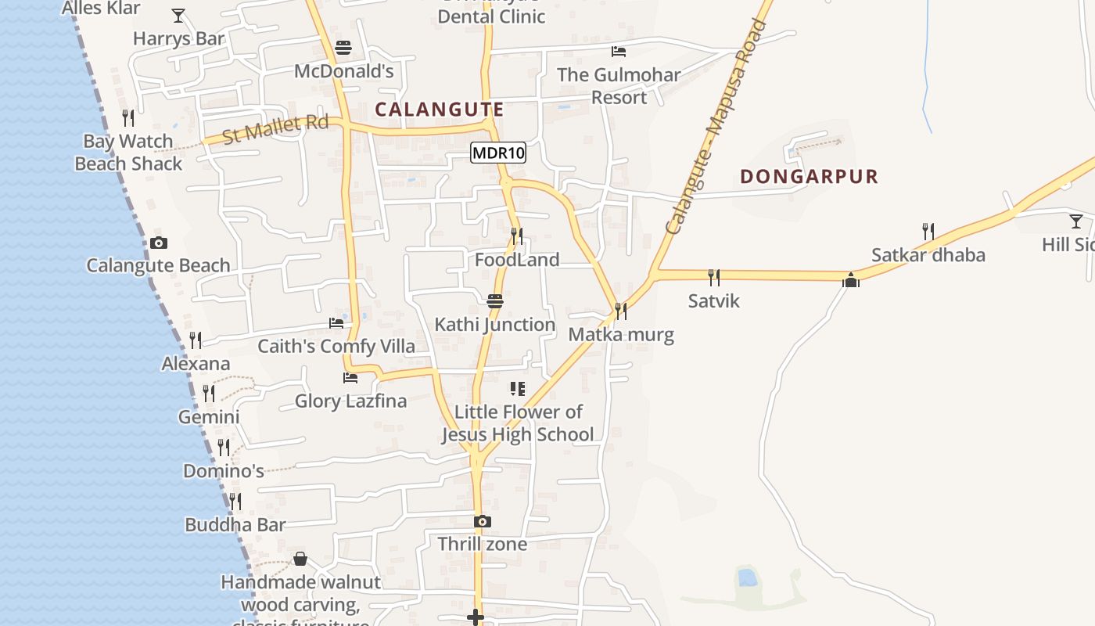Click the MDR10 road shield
498,153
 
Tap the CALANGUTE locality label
440,110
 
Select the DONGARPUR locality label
809,177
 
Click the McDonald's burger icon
343,48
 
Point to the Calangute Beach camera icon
159,243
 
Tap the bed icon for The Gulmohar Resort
619,52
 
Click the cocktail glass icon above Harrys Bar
178,15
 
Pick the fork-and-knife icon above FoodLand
516,236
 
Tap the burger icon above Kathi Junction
494,300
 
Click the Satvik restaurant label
713,301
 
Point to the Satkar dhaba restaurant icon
928,231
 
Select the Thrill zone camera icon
483,521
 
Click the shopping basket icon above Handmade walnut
300,559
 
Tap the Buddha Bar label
235,525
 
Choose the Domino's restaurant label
223,471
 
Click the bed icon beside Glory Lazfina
350,378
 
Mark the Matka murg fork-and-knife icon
620,311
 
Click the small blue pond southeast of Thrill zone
748,577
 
